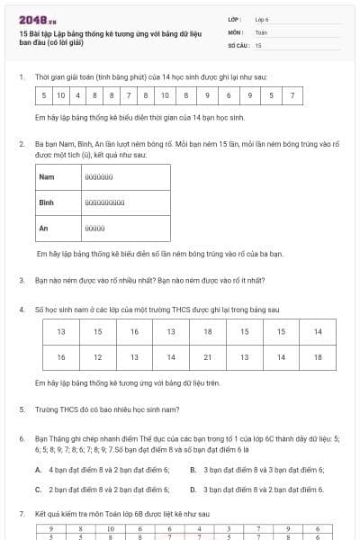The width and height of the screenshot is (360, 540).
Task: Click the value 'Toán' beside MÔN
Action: click(x=261, y=31)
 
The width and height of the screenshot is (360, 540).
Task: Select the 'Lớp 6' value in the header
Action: click(x=263, y=18)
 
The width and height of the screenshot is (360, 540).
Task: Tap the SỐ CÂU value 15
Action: click(x=258, y=44)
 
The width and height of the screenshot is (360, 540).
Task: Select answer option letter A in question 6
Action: click(x=38, y=470)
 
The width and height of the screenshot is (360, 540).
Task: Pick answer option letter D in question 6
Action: click(x=193, y=490)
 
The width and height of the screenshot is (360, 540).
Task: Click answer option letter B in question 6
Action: click(x=193, y=470)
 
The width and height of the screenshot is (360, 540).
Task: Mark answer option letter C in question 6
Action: click(x=38, y=490)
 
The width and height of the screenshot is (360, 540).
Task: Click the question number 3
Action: click(x=22, y=280)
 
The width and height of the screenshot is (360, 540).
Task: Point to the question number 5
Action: click(x=22, y=409)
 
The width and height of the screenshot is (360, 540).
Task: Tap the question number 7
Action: click(x=22, y=514)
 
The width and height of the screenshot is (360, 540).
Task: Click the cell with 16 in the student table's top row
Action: click(x=134, y=332)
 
